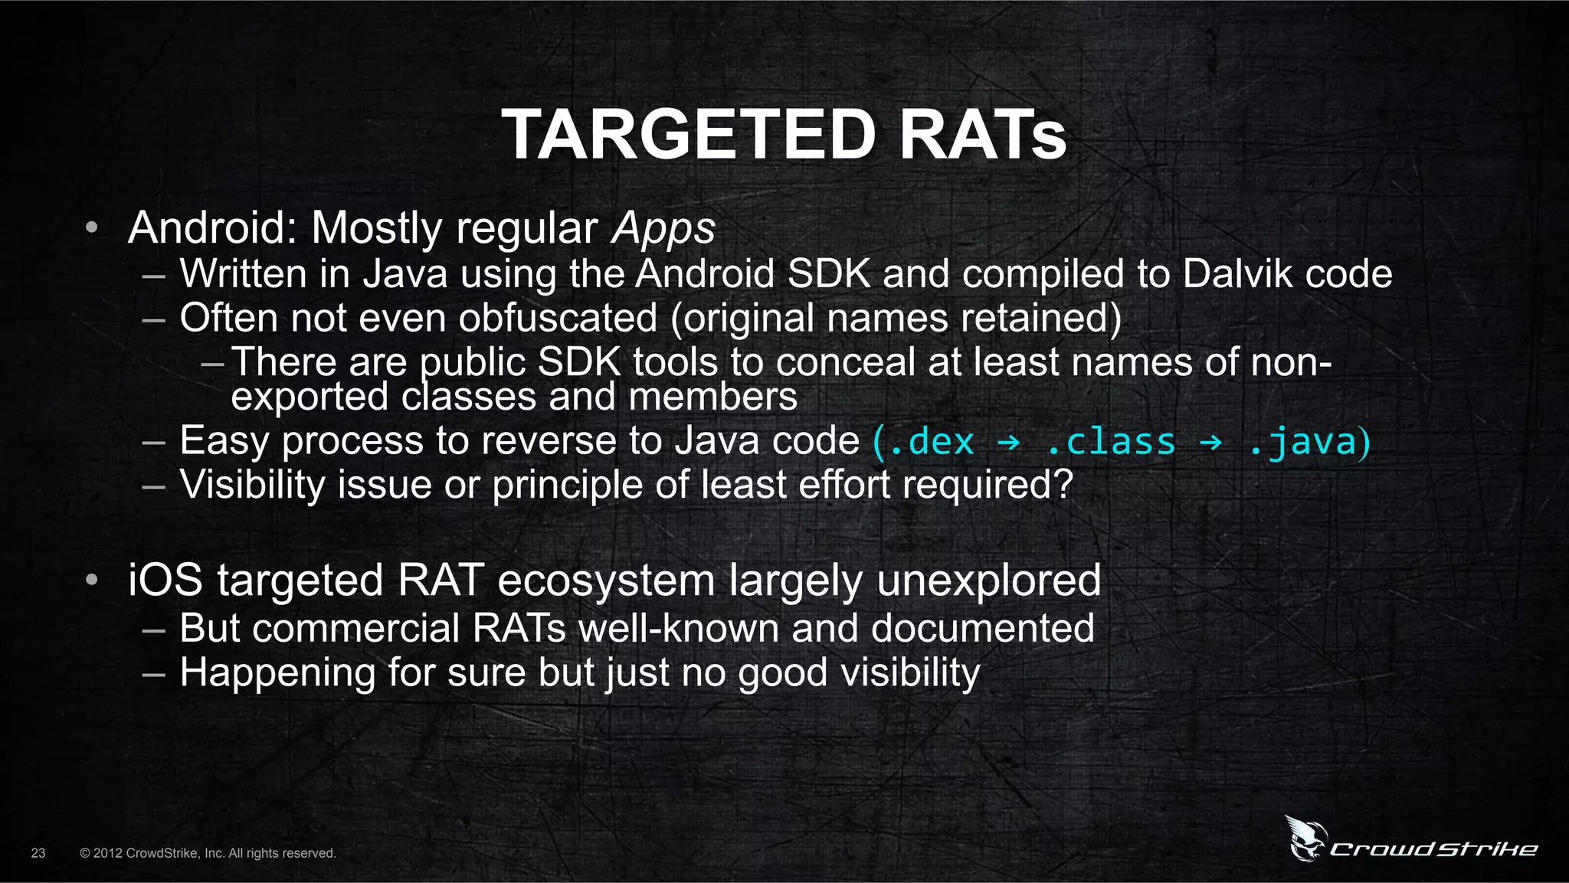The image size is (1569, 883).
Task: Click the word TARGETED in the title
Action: pyautogui.click(x=689, y=135)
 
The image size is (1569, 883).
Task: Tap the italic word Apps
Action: pyautogui.click(x=663, y=228)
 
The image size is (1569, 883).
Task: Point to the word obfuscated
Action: pyautogui.click(x=558, y=318)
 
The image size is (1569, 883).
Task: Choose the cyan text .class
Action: pyautogui.click(x=1110, y=442)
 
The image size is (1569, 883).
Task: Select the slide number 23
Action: pyautogui.click(x=38, y=853)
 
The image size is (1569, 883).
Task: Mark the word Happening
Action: pyautogui.click(x=277, y=672)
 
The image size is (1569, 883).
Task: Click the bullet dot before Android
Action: pyautogui.click(x=92, y=227)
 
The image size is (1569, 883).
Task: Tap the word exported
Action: pyautogui.click(x=310, y=397)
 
